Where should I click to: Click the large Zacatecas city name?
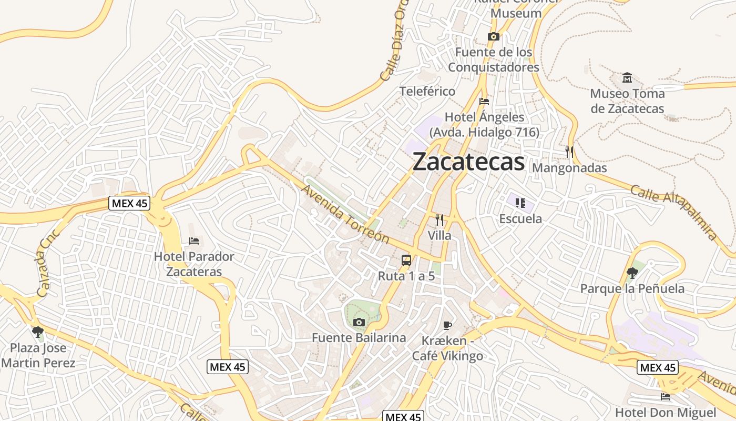point(468,162)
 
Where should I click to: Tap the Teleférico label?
point(427,91)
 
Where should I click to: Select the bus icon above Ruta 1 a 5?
point(406,260)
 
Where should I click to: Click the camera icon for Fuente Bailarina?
point(359,322)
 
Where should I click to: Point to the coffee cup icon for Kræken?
point(447,325)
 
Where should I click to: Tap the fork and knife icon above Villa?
point(439,220)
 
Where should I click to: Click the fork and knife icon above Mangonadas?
point(569,152)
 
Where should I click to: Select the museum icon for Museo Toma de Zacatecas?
point(627,78)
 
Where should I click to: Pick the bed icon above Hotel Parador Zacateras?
point(194,241)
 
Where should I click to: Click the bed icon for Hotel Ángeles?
point(484,101)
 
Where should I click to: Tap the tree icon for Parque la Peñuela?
point(632,273)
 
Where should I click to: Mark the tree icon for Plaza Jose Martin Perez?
point(37,332)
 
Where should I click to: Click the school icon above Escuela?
point(520,203)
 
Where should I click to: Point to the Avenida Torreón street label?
point(345,215)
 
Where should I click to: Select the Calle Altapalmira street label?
point(673,212)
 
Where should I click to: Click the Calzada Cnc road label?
point(50,263)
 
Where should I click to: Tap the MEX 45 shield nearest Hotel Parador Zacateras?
point(129,203)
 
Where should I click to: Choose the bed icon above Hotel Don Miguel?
point(666,396)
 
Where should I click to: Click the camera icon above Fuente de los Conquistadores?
point(493,36)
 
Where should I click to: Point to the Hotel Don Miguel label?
point(666,412)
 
